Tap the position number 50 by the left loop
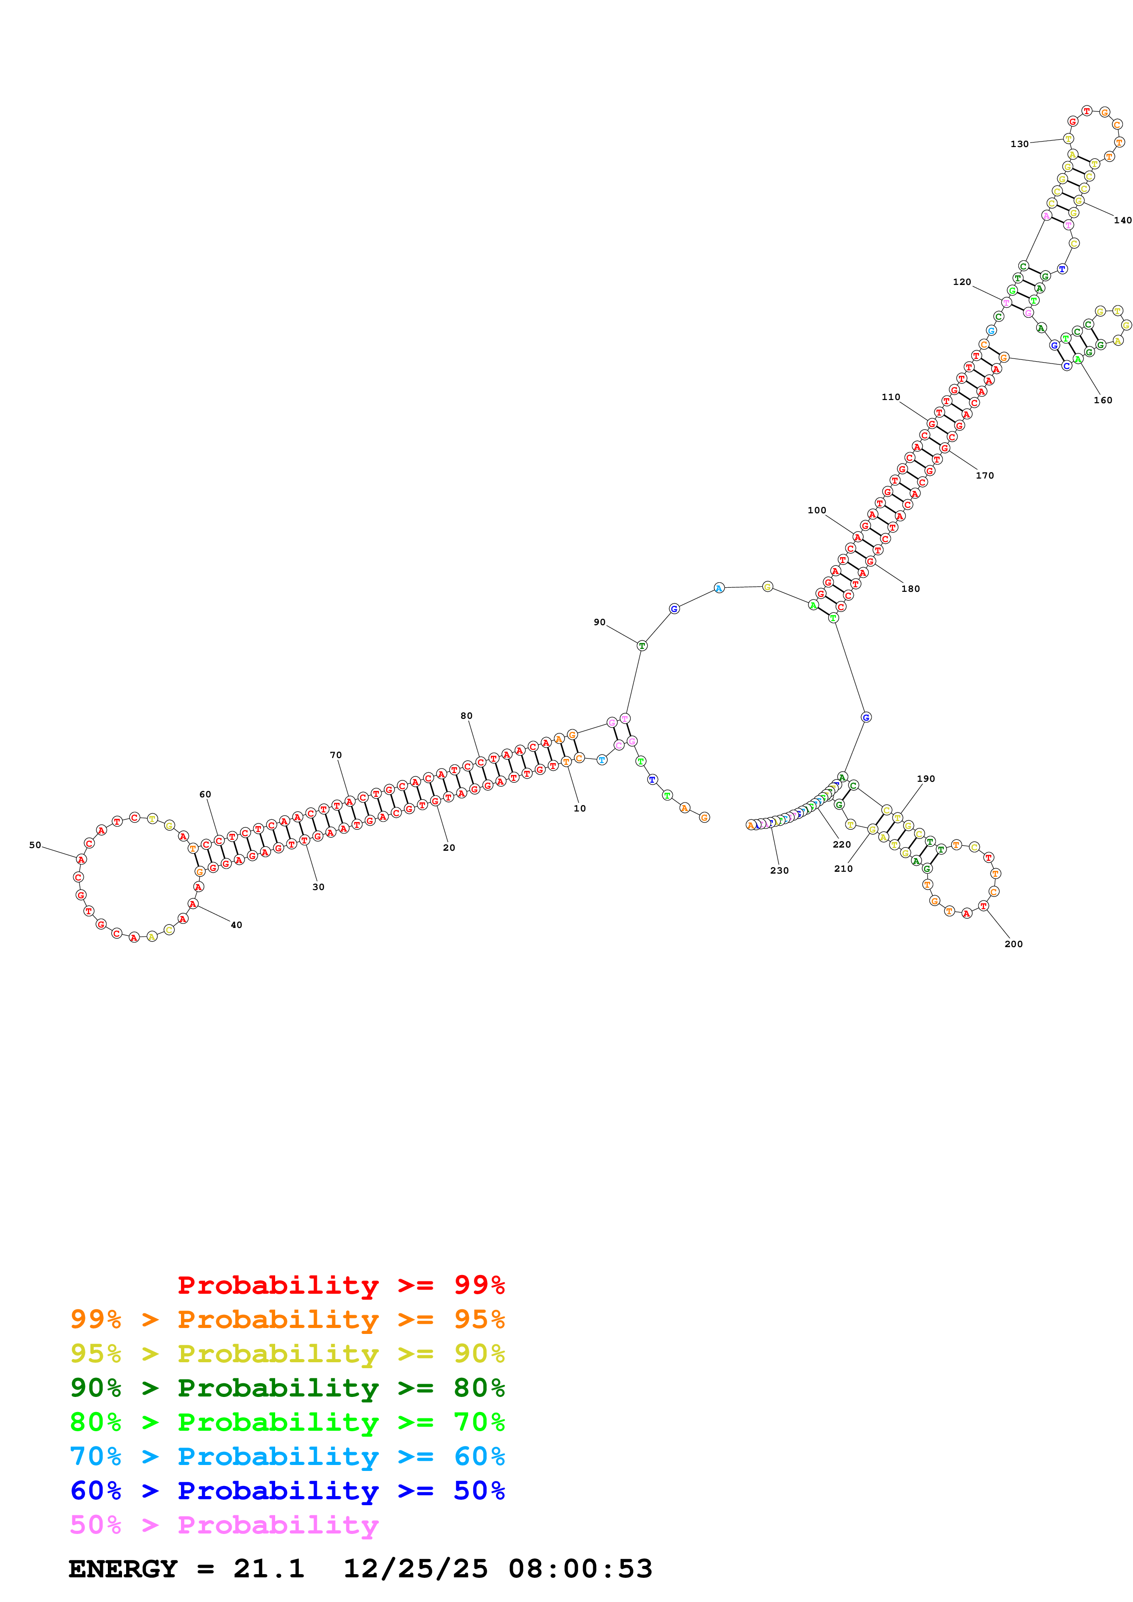pyautogui.click(x=35, y=845)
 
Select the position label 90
pyautogui.click(x=600, y=622)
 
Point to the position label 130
pyautogui.click(x=1019, y=144)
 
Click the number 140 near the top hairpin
pyautogui.click(x=1122, y=221)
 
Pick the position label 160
pyautogui.click(x=1103, y=400)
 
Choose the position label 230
pyautogui.click(x=779, y=871)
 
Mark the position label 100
pyautogui.click(x=817, y=511)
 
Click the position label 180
pyautogui.click(x=910, y=589)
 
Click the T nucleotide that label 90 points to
pyautogui.click(x=642, y=646)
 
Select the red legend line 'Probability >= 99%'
pyautogui.click(x=340, y=1285)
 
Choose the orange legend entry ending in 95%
pyautogui.click(x=287, y=1319)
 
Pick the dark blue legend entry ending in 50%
pyautogui.click(x=287, y=1491)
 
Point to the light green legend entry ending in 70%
pyautogui.click(x=287, y=1422)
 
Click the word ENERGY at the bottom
pyautogui.click(x=123, y=1569)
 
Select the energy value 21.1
pyautogui.click(x=269, y=1569)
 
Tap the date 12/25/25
pyautogui.click(x=415, y=1569)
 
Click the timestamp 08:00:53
pyautogui.click(x=580, y=1569)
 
